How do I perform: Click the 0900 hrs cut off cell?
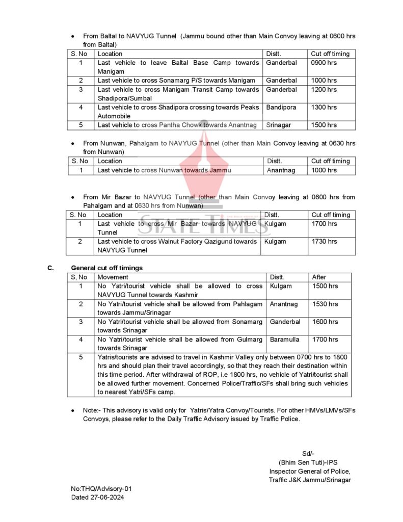[324, 63]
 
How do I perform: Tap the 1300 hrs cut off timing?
[324, 108]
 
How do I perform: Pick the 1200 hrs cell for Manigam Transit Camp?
[324, 90]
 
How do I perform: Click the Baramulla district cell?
[285, 340]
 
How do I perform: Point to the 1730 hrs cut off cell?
[325, 242]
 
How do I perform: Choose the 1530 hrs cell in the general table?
[325, 304]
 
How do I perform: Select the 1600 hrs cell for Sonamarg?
[325, 322]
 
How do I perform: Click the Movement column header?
[113, 277]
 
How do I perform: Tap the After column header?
[319, 277]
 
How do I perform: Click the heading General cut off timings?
[107, 268]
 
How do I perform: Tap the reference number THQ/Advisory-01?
[102, 489]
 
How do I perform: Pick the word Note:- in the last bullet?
[93, 410]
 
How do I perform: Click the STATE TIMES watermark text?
[202, 224]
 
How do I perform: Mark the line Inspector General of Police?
[310, 472]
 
